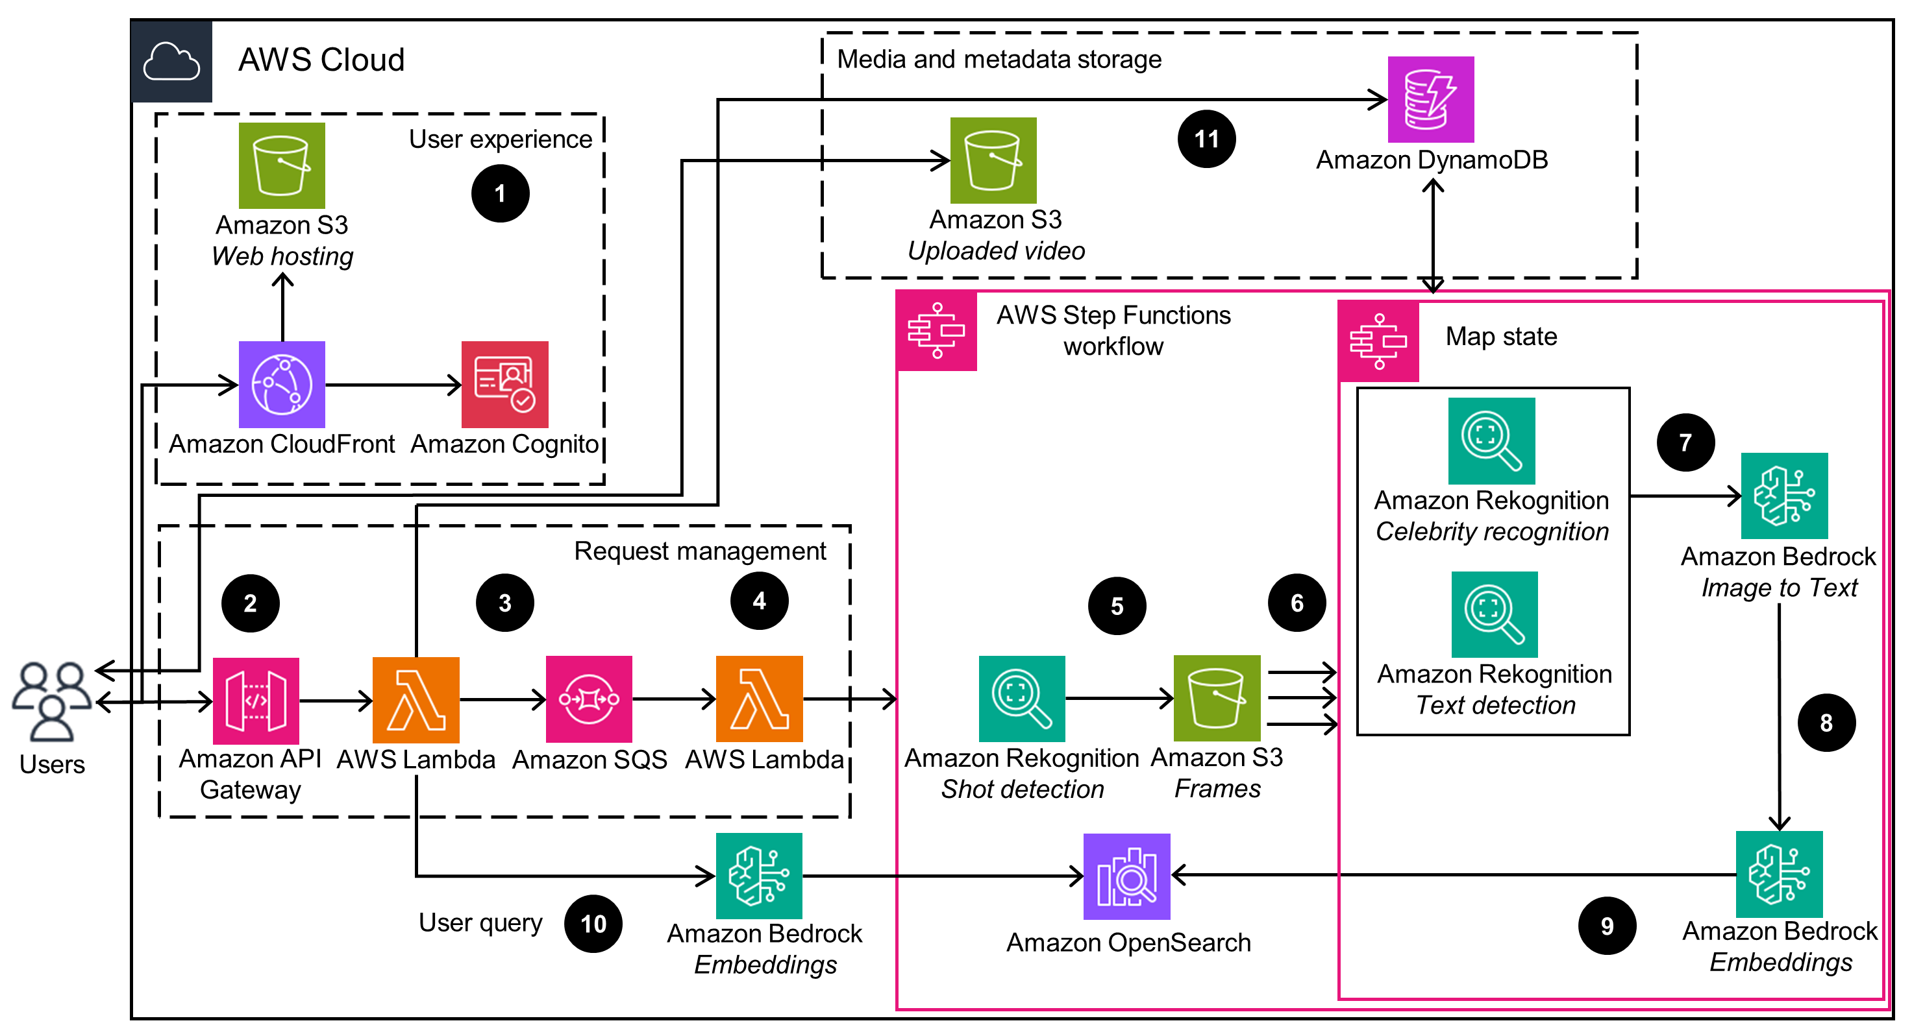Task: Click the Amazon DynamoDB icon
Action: tap(1430, 99)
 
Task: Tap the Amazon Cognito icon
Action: tap(504, 384)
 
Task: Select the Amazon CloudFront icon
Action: tap(282, 384)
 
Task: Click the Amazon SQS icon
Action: tap(589, 699)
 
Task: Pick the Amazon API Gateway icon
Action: tap(256, 701)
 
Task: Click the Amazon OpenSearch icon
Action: tap(1126, 876)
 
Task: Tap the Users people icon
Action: tap(52, 701)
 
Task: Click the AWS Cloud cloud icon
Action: tap(171, 61)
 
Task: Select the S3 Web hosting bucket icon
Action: tap(282, 165)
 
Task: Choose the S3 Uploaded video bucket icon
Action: tap(993, 160)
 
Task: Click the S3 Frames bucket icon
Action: tap(1217, 698)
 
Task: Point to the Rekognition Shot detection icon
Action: tap(1022, 699)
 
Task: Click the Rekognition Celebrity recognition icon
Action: tap(1492, 440)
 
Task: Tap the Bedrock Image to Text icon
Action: tap(1784, 496)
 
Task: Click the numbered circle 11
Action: tap(1207, 139)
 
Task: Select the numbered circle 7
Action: tap(1685, 443)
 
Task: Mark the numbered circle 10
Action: tap(593, 924)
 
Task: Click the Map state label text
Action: tap(1501, 337)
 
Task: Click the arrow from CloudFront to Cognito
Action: tap(393, 384)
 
